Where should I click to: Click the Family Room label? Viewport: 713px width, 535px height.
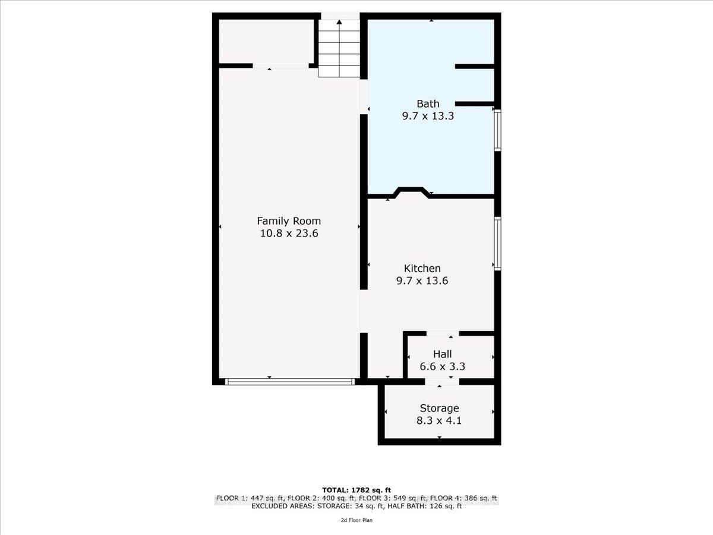tap(289, 221)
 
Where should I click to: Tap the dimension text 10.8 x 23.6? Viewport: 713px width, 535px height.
tap(289, 234)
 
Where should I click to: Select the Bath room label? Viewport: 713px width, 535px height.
tap(428, 104)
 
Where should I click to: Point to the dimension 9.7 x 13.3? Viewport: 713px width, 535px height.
tap(428, 117)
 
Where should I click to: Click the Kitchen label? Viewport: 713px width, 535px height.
tap(422, 268)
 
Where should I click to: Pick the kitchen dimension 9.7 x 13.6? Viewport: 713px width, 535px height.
tap(422, 281)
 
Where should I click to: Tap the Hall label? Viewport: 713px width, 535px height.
tap(443, 354)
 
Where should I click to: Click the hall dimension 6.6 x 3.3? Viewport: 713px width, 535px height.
tap(443, 367)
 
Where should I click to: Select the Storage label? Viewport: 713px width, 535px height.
tap(440, 408)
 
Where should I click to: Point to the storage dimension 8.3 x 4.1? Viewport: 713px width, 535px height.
tap(440, 421)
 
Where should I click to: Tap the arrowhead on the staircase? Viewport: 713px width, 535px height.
tap(339, 23)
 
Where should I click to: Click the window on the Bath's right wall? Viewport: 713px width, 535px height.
tap(498, 130)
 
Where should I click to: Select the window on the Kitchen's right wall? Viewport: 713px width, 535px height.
tap(498, 244)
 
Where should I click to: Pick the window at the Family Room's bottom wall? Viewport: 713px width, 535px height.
tap(290, 382)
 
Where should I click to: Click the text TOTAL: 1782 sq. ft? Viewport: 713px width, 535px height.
tap(356, 490)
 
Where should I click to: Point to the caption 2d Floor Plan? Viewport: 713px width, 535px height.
tap(356, 520)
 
